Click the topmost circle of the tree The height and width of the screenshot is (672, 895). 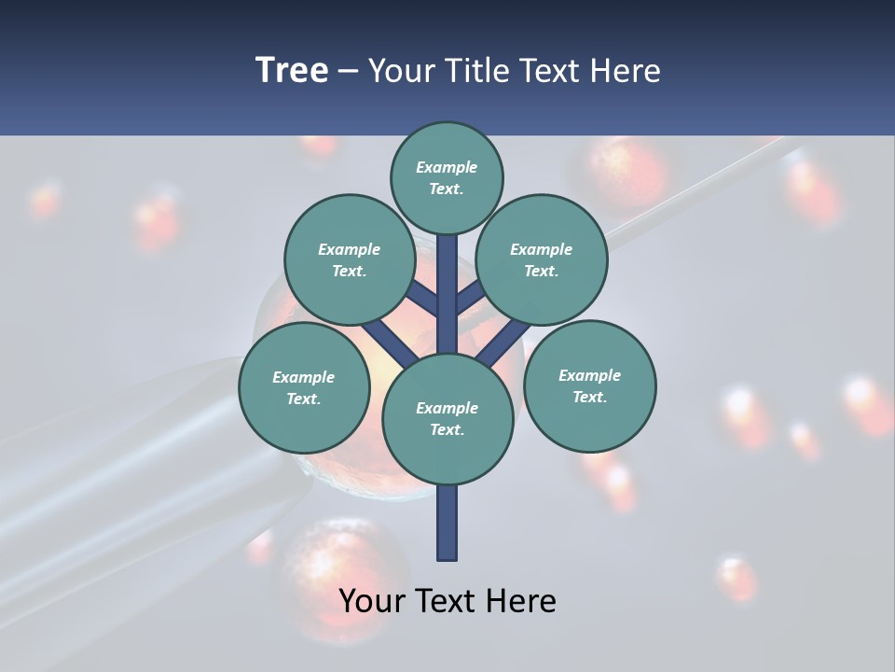447,177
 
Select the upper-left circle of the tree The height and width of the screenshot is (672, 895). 349,259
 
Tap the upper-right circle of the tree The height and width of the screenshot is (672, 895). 541,259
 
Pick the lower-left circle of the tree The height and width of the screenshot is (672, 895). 303,387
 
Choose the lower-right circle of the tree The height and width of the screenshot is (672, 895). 589,385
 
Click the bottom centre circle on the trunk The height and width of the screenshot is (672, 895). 447,418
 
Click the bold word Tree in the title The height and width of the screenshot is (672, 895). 292,70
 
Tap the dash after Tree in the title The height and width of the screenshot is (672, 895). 348,71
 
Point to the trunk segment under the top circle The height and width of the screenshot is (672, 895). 447,280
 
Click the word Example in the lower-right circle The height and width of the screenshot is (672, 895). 589,375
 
